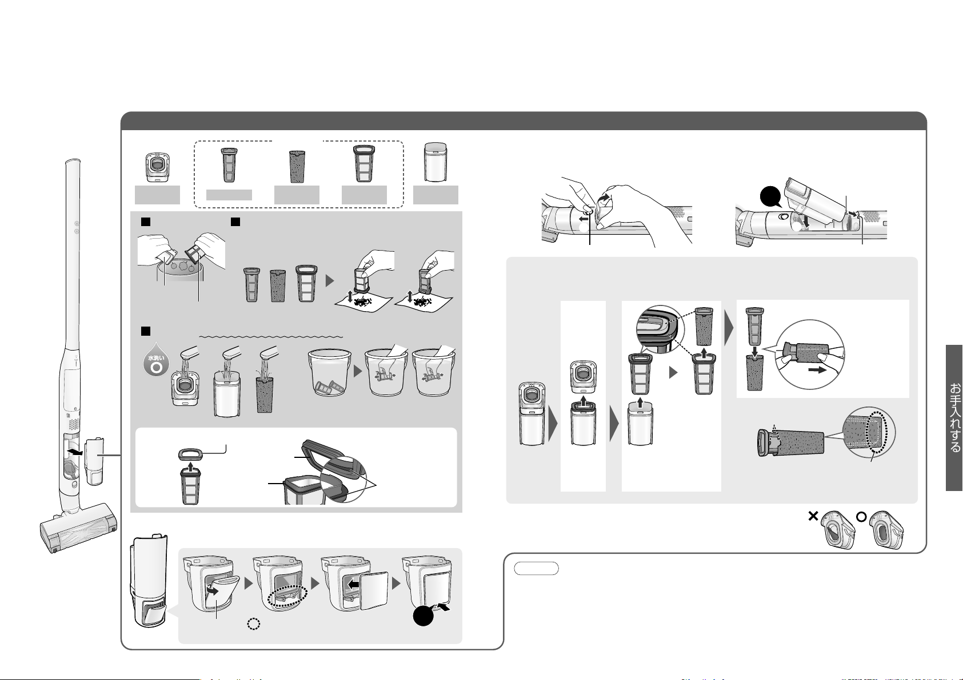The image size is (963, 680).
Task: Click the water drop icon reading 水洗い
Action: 155,360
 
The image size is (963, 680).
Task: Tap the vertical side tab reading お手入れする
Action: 954,417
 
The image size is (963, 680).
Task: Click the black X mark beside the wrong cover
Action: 813,516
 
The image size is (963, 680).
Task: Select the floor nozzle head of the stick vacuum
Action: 79,529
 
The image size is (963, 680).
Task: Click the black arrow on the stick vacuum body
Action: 75,452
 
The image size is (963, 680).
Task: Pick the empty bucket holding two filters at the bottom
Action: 330,372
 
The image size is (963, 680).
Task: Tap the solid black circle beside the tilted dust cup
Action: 770,197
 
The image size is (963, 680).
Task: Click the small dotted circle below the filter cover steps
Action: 254,624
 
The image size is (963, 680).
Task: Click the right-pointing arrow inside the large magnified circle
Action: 817,370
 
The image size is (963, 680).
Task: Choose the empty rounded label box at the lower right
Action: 536,568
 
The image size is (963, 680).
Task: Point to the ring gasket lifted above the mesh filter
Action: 190,454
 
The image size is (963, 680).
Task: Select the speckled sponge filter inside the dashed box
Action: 297,166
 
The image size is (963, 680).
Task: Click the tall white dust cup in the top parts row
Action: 435,162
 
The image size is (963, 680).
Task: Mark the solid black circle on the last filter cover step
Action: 423,616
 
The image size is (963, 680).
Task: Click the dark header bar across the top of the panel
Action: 524,120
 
